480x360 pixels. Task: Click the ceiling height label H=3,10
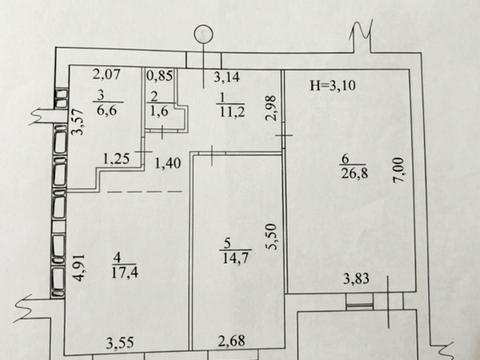point(333,86)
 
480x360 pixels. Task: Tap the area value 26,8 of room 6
point(355,173)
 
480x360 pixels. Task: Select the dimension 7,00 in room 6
point(399,169)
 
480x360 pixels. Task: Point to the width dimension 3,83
point(356,278)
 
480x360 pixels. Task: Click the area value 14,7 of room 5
point(236,258)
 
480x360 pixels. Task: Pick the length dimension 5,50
point(271,236)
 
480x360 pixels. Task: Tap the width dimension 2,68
point(232,341)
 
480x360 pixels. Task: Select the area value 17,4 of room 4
point(125,272)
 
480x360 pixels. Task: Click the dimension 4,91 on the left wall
point(79,268)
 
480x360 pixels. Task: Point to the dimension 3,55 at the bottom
point(120,343)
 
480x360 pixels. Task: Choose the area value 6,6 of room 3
point(107,110)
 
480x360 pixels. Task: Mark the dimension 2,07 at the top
point(106,74)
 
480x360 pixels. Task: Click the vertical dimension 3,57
point(79,122)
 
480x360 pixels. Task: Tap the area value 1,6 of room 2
point(159,111)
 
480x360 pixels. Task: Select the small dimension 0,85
point(160,76)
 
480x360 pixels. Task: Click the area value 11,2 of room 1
point(232,111)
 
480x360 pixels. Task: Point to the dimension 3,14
point(227,77)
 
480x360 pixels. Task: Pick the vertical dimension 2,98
point(271,108)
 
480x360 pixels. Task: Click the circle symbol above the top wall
point(204,35)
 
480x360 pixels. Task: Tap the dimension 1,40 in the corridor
point(168,163)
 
